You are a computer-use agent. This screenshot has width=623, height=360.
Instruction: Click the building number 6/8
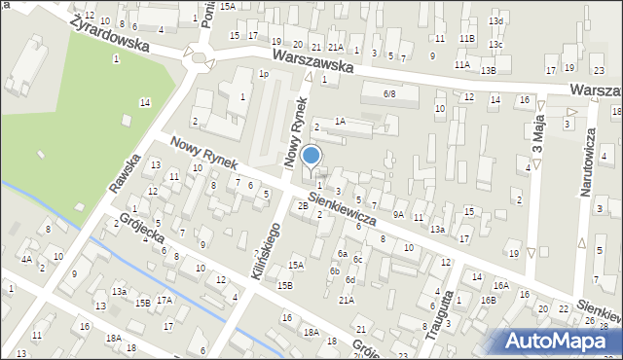click(x=389, y=93)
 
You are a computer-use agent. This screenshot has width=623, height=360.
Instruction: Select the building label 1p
click(x=263, y=74)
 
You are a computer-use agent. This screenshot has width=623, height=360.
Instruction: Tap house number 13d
click(x=495, y=20)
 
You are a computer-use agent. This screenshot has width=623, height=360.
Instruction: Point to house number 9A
click(x=398, y=214)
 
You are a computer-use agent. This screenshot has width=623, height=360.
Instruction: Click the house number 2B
click(x=303, y=205)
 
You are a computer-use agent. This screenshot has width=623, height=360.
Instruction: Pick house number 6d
click(x=350, y=280)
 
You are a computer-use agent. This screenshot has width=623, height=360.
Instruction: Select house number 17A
click(x=165, y=301)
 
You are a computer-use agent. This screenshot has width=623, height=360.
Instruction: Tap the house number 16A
click(x=500, y=285)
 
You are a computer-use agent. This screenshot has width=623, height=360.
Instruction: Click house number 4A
click(x=27, y=259)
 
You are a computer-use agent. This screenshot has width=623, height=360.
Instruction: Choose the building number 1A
click(x=339, y=121)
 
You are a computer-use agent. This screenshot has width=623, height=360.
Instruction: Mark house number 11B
click(x=468, y=38)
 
